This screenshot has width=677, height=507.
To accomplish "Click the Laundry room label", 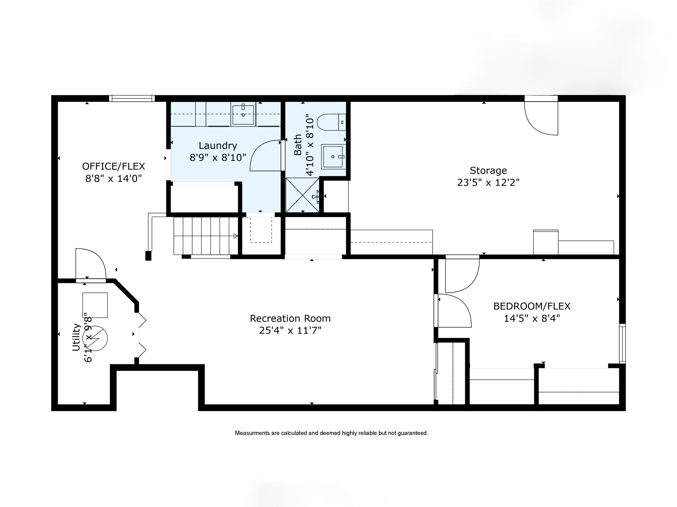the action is (218, 146).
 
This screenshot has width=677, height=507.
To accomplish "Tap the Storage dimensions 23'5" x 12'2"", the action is (488, 183).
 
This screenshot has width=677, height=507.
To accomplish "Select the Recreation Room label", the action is (290, 318).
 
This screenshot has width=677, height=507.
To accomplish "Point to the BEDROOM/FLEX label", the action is (532, 306).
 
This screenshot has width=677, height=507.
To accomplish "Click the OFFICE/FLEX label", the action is (113, 166).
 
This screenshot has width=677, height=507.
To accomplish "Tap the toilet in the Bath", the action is (331, 122).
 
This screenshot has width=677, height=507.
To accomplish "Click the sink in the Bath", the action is (333, 157).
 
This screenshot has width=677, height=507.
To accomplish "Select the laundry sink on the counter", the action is (243, 115).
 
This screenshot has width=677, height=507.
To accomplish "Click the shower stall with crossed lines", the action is (302, 195).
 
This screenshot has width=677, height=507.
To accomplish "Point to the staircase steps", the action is (206, 236).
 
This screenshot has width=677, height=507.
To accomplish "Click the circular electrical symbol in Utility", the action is (95, 338).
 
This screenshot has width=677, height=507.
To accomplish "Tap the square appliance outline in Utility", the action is (95, 305).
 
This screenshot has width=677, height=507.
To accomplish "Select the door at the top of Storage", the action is (541, 118).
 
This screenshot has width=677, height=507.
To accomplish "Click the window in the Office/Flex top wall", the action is (132, 99).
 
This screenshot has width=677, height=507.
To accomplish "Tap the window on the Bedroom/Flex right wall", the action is (622, 343).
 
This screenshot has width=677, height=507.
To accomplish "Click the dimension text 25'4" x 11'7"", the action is (290, 331).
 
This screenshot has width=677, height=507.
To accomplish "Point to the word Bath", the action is (298, 145).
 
